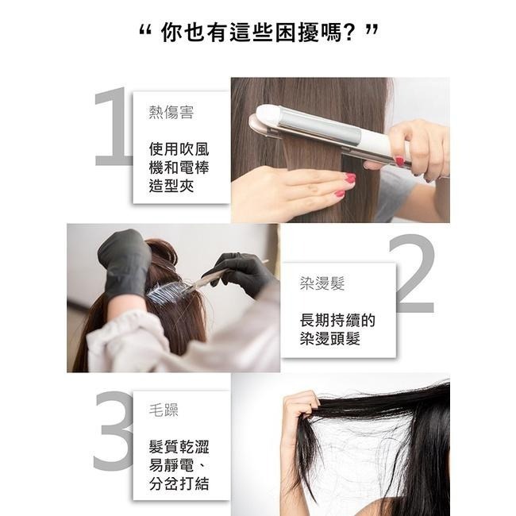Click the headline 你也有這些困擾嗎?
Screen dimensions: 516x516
tap(258, 33)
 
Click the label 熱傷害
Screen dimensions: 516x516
tap(171, 112)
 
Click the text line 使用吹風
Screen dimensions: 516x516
tap(179, 149)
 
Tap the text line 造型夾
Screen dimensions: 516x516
tap(171, 186)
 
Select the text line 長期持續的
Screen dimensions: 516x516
tap(337, 321)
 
